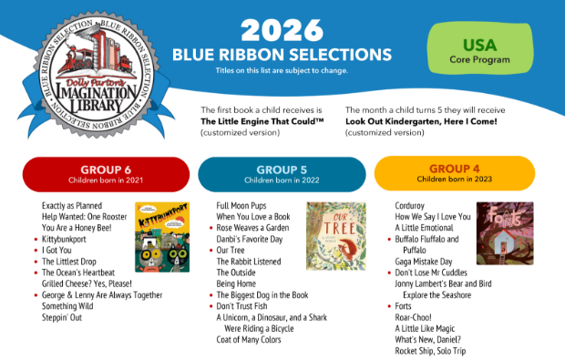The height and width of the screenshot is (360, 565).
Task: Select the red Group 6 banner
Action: [105, 172]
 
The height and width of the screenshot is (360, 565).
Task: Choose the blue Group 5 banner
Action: [282, 172]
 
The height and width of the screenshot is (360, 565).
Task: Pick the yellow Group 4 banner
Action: [454, 172]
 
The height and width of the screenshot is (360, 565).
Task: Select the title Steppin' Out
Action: [62, 317]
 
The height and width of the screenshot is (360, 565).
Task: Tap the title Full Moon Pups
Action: [241, 207]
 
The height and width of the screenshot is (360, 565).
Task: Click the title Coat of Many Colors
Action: [250, 339]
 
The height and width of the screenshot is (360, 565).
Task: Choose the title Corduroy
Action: [413, 207]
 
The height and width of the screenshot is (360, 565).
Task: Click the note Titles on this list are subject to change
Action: [282, 70]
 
